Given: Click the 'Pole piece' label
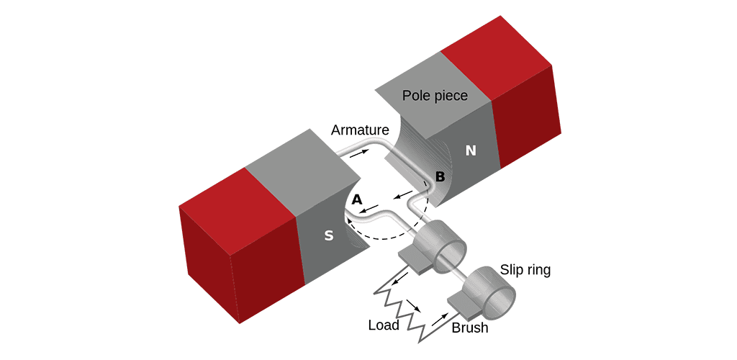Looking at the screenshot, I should (435, 96).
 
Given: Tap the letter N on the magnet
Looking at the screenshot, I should (471, 150).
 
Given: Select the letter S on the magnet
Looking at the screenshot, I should (328, 235).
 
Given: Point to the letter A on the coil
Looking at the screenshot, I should (357, 199).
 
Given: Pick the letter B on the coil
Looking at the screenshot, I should (440, 176).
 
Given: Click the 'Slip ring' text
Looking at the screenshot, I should (525, 270).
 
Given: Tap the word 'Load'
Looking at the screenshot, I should (383, 325).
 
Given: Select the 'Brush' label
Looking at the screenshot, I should (470, 328).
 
